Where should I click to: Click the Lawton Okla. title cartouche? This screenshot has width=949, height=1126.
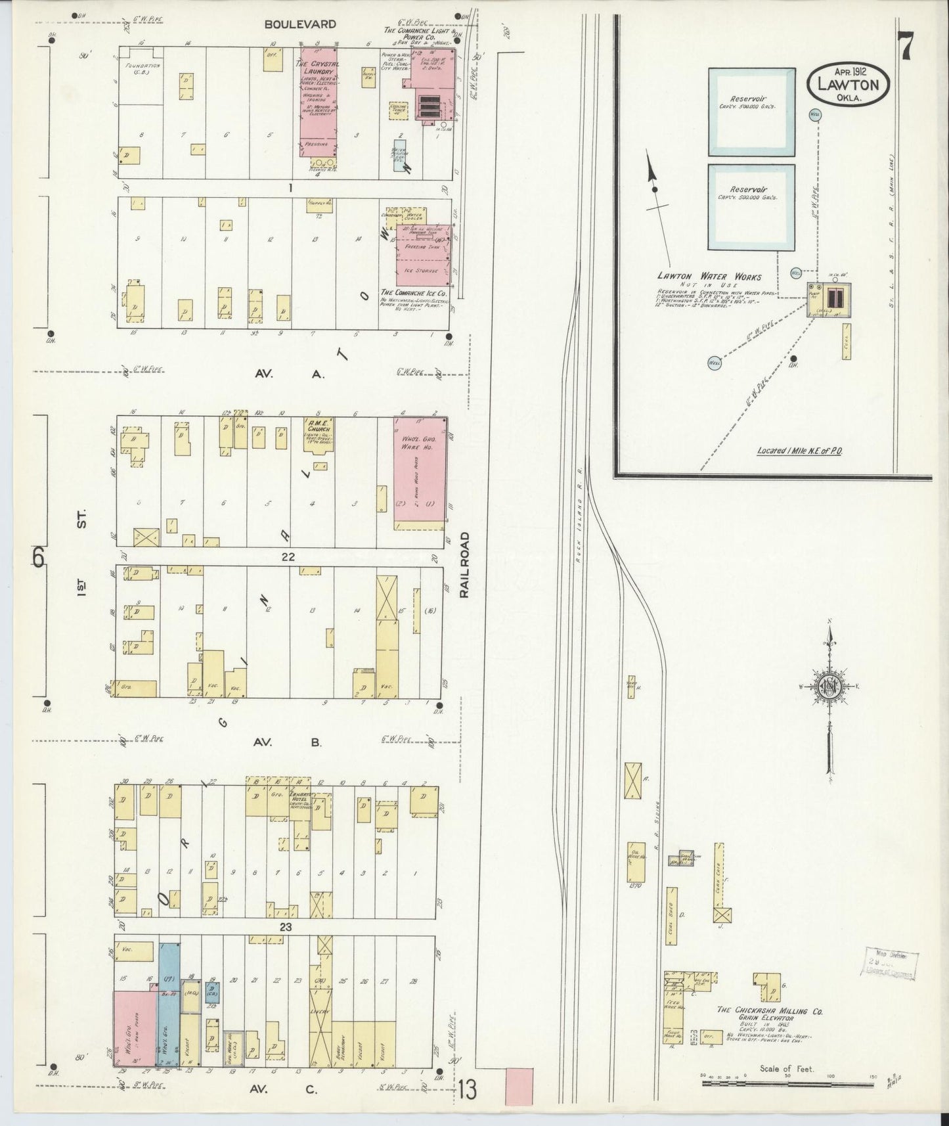848,82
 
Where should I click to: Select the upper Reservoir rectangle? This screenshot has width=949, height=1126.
751,112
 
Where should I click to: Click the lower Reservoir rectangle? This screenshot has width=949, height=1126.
751,207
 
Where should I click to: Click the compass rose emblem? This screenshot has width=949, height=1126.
829,687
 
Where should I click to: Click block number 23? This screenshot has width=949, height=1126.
284,928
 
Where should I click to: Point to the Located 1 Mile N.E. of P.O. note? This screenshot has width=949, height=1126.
799,451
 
